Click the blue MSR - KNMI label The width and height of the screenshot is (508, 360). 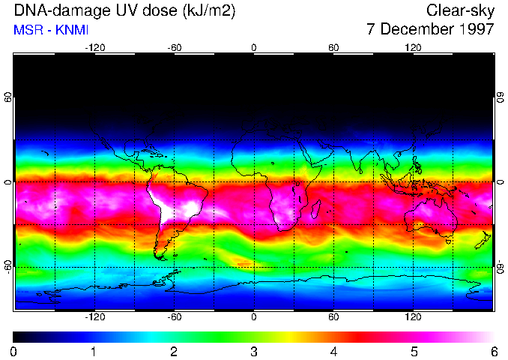coord(47,30)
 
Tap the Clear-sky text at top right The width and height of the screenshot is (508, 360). coord(460,10)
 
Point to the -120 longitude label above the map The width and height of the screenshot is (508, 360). coord(94,47)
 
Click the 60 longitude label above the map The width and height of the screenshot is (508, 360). coord(333,47)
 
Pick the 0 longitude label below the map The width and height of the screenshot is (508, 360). coord(254,317)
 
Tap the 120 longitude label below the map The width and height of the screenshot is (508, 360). coord(413,317)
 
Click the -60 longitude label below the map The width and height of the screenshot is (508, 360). coord(174,317)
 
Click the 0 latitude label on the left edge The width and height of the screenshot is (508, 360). coord(8,182)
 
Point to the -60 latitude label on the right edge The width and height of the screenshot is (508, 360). coord(501,266)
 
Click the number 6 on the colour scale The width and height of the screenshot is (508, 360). coord(494,351)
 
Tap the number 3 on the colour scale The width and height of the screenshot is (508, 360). coord(253,351)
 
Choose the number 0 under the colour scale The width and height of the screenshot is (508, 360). coord(14,351)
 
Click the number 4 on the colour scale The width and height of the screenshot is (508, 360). coord(333,351)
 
